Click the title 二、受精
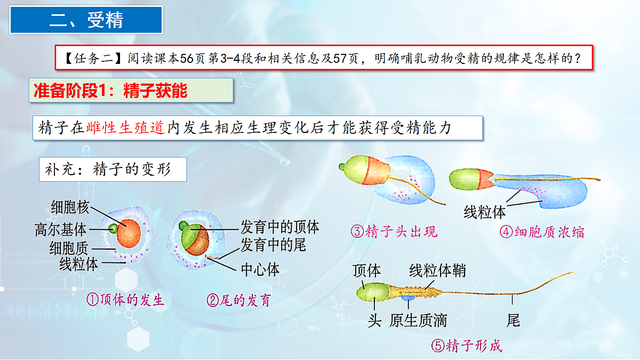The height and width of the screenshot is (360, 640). point(86,20)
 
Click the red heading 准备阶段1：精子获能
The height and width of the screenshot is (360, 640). point(111,91)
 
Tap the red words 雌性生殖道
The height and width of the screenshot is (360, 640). point(125,129)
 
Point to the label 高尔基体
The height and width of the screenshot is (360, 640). point(60,229)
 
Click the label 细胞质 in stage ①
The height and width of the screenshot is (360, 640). point(70,248)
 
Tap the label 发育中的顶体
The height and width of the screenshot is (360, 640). point(279,228)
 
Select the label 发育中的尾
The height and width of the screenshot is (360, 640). point(273,245)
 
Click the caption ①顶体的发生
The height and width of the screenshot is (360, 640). point(125,300)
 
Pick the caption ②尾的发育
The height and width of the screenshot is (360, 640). point(238,300)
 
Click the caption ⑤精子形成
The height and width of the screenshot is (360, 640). point(466,346)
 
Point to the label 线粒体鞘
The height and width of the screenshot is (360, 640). point(437,271)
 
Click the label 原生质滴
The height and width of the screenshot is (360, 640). point(418,321)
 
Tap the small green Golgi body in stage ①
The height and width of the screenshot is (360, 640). point(113,229)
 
